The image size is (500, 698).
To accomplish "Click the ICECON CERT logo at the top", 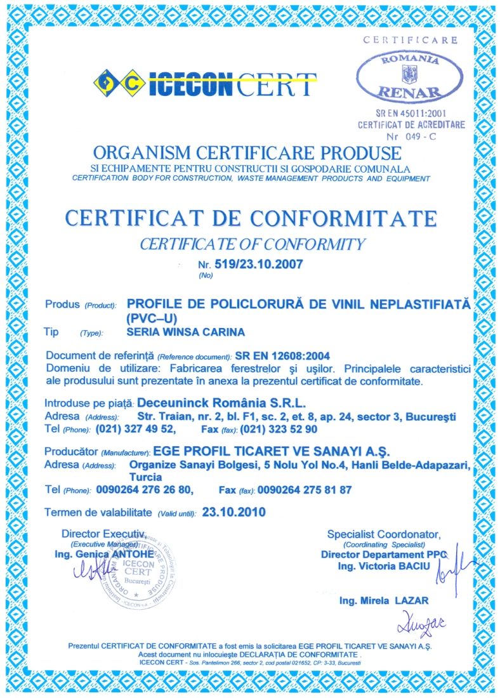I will coord(204,83).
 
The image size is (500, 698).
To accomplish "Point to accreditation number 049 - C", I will coord(416,136).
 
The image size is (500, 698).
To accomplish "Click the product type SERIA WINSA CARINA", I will coord(185,332).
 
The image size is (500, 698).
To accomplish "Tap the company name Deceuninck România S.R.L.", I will coord(221,402).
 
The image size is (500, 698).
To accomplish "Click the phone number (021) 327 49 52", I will coord(135,430).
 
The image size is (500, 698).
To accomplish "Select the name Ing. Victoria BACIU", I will coord(384,565).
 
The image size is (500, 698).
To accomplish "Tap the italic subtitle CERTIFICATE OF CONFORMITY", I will coord(253,244).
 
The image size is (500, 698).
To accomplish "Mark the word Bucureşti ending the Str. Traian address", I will coord(431,416).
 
